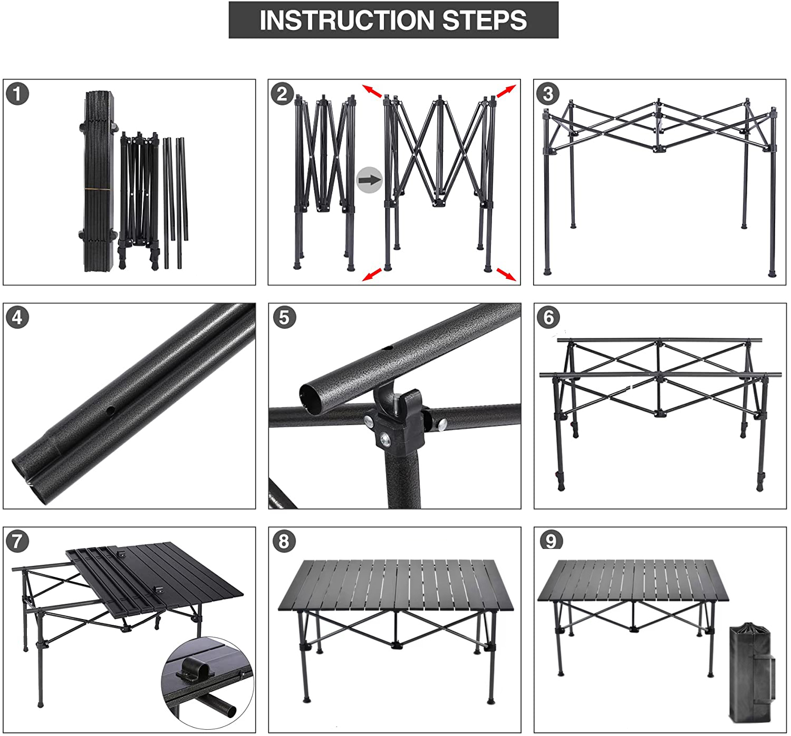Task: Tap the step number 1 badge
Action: (x=18, y=94)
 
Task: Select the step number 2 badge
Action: (x=283, y=94)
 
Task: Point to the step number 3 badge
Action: (x=548, y=94)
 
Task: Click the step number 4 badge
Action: (x=18, y=318)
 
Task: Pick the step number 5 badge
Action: (x=285, y=318)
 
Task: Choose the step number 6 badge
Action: (x=549, y=318)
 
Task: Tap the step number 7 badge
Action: (x=18, y=541)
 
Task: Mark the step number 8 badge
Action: (x=284, y=541)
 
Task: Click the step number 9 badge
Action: (x=551, y=541)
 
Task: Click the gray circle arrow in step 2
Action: (x=369, y=180)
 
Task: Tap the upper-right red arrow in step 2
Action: (x=506, y=91)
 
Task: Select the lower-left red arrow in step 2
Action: (x=372, y=274)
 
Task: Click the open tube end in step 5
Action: (x=311, y=397)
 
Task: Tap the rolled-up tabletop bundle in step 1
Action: (x=99, y=182)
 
